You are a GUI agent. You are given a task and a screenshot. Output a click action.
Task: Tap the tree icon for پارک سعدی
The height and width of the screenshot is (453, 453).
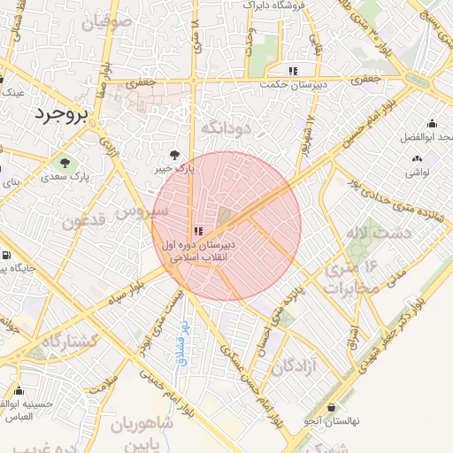coord(65,161)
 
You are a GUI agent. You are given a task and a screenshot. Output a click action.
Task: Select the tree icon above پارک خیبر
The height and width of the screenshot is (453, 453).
coord(184,153)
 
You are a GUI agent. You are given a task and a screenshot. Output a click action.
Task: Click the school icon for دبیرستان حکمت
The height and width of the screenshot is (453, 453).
coord(293,71)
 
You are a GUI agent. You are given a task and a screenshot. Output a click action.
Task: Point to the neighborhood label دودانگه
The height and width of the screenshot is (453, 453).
coord(227,129)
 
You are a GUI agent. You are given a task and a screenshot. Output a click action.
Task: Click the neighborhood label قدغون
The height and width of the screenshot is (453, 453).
coord(85,218)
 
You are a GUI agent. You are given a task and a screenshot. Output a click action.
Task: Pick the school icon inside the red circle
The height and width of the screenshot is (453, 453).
coord(197,231)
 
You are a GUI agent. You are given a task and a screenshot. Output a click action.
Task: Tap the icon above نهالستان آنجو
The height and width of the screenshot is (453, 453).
coord(332,408)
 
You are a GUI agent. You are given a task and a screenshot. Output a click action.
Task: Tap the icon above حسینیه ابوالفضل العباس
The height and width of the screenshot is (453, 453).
coord(19,390)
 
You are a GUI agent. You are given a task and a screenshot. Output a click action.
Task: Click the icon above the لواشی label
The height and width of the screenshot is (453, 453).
coord(417,158)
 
